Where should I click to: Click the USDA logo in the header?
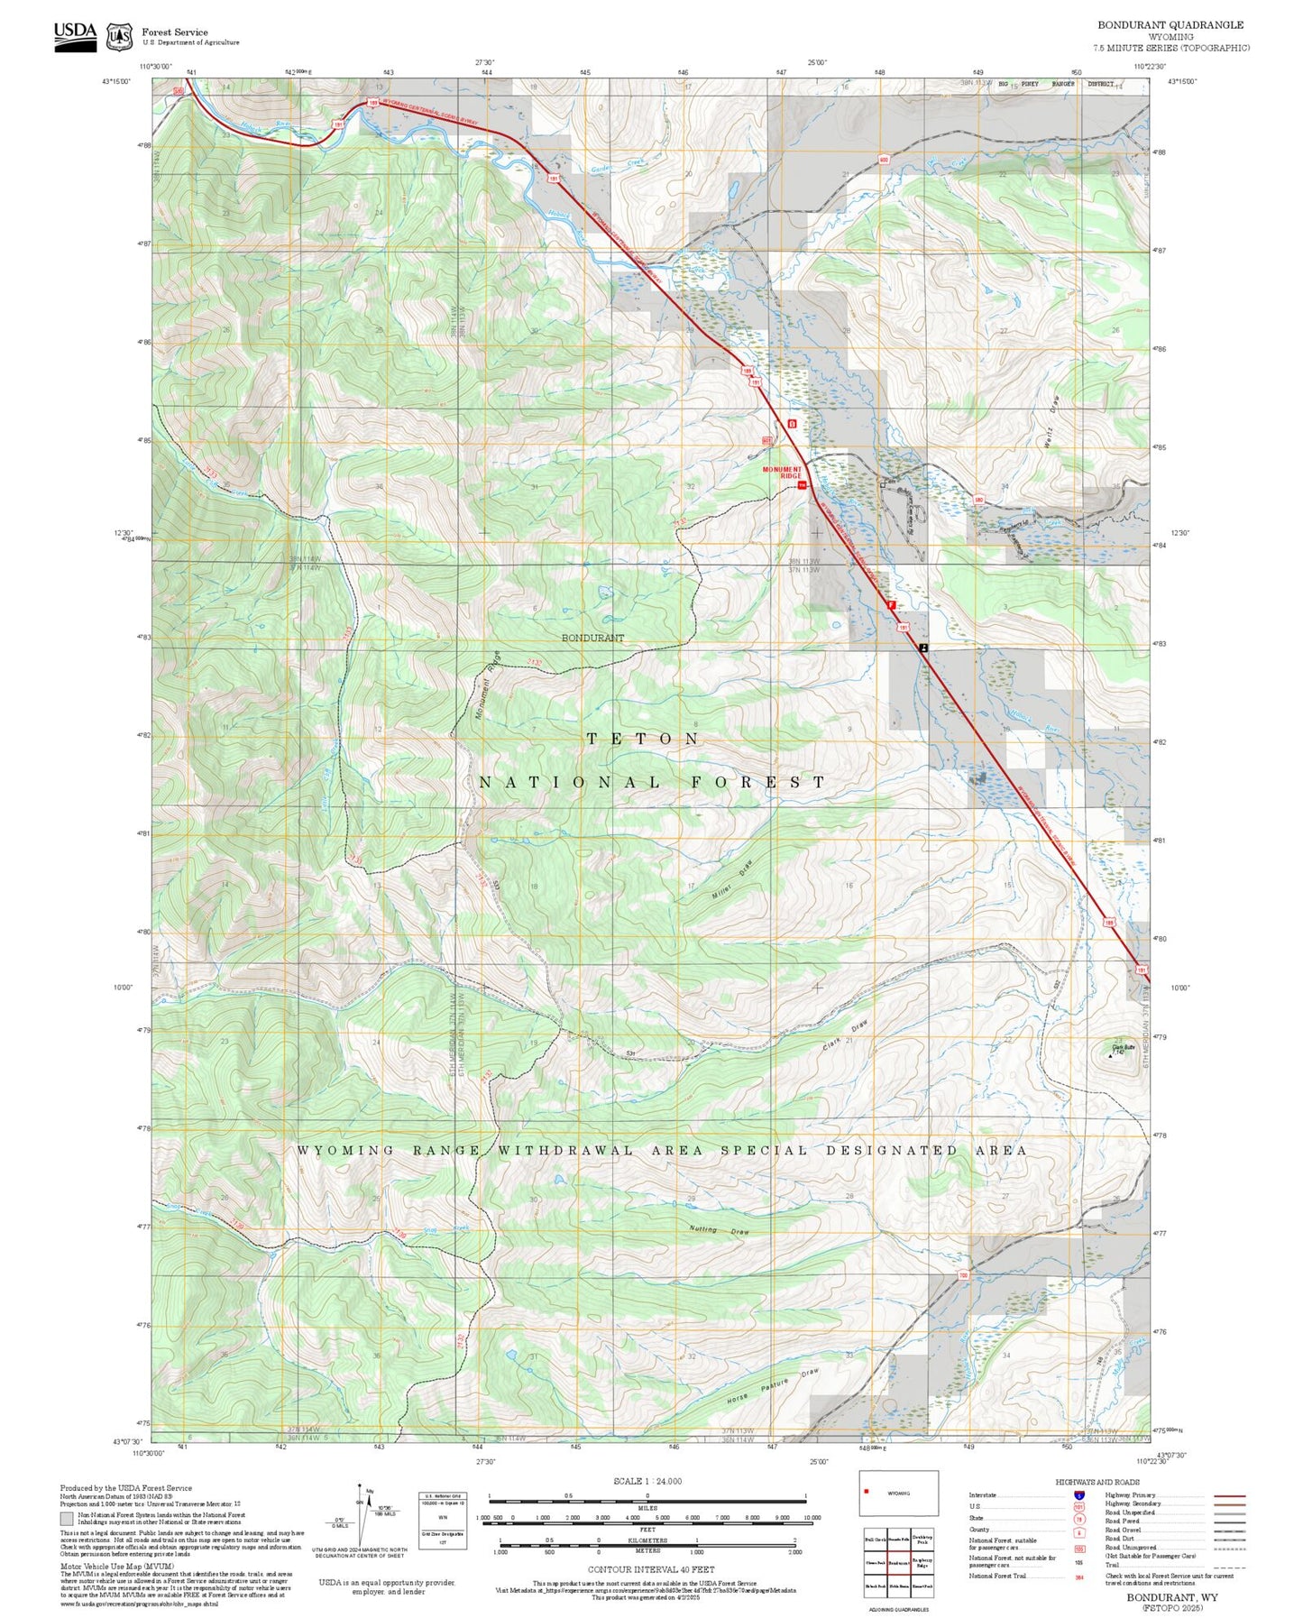(x=75, y=35)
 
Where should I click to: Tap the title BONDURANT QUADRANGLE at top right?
(x=1170, y=25)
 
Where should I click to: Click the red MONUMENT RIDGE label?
(x=781, y=472)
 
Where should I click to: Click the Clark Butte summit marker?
(x=1109, y=1053)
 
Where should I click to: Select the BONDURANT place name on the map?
(x=592, y=638)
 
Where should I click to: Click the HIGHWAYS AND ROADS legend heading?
(x=1097, y=1482)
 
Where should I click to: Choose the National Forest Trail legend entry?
(x=998, y=1576)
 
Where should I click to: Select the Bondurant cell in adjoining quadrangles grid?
(x=898, y=1562)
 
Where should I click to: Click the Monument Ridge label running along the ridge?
(x=487, y=685)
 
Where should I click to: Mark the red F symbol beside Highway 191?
(x=891, y=605)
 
